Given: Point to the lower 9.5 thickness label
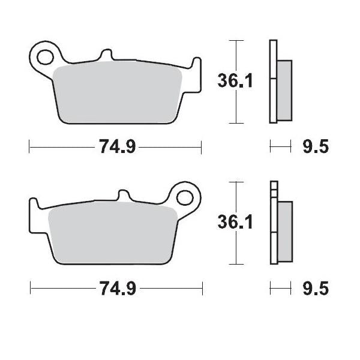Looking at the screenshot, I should click(315, 290).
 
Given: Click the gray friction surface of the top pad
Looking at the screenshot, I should click(118, 93).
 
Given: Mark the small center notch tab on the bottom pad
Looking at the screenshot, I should click(122, 196).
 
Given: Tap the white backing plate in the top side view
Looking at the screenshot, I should click(274, 81).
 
